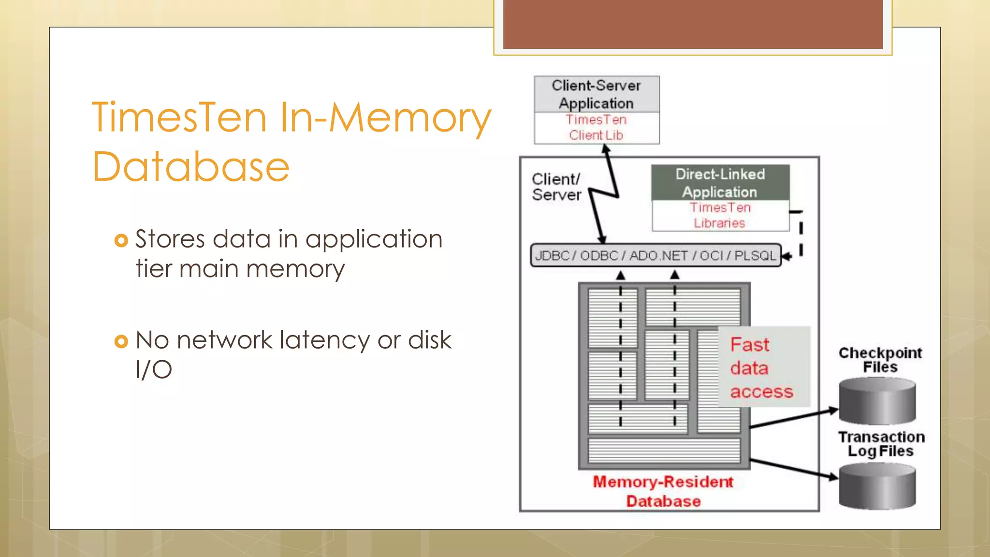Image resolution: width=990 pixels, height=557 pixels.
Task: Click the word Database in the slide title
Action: (x=191, y=167)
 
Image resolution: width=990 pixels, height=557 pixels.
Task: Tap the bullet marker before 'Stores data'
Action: (x=121, y=240)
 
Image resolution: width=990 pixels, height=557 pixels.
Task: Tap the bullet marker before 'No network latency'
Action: (x=121, y=341)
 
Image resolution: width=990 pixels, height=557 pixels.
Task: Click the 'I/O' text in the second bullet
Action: (x=154, y=370)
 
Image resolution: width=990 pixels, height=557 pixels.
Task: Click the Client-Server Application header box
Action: (x=596, y=94)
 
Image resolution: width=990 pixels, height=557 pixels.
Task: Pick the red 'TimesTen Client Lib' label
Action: (x=596, y=128)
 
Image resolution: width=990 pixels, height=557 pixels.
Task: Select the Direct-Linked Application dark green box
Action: (x=720, y=183)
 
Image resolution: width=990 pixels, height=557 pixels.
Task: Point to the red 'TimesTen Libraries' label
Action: (x=720, y=216)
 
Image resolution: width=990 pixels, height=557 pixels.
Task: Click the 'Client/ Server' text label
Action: (x=556, y=187)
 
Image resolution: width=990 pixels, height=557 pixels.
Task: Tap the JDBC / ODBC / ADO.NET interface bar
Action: (x=655, y=256)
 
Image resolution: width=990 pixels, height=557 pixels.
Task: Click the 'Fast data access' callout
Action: (x=761, y=368)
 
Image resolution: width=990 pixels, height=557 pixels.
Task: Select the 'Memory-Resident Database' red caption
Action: (x=663, y=491)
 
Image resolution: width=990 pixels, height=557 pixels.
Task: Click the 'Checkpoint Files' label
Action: (x=880, y=360)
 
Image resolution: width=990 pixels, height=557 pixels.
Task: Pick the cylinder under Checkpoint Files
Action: (x=877, y=402)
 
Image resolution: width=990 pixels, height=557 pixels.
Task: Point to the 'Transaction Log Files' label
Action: (x=881, y=444)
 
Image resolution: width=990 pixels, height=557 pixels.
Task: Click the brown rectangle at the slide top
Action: (x=693, y=24)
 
